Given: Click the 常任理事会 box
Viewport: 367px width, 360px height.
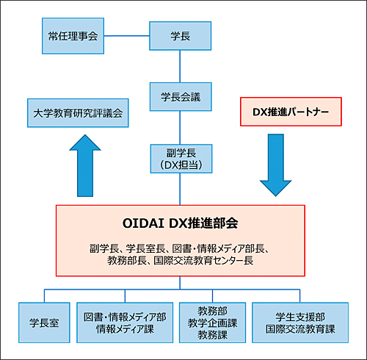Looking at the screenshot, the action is coord(73,36).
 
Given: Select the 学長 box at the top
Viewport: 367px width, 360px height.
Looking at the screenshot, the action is coord(181,36).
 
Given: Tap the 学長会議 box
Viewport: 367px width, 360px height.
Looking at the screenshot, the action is coord(181,97).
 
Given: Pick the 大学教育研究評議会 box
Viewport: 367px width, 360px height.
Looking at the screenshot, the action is coord(78,113).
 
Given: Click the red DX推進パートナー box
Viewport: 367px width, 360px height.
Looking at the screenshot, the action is coord(291,112).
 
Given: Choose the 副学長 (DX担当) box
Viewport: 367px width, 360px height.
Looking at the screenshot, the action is coord(181,159).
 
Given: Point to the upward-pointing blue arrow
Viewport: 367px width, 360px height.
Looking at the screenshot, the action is coord(85,165).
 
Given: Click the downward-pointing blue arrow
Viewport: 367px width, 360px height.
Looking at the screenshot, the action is coord(276,165).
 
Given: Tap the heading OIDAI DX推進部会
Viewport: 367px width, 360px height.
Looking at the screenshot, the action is coord(181,223).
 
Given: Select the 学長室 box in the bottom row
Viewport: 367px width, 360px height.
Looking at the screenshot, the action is coord(44,323).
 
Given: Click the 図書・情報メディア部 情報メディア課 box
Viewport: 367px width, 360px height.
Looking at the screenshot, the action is coord(125,323).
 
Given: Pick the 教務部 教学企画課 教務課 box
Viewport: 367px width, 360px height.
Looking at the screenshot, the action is coord(212,323).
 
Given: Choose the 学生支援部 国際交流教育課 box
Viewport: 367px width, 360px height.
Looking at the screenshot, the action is coord(300,323).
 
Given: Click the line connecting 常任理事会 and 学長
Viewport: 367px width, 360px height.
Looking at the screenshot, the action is coord(127,36).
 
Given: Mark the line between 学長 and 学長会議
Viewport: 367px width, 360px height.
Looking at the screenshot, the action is coord(180,66).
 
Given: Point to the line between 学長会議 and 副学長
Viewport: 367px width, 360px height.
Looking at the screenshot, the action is coord(180,128).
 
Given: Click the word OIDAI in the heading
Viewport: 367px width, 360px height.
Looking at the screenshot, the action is coord(143,223).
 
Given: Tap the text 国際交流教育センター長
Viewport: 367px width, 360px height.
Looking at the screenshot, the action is coord(203,261).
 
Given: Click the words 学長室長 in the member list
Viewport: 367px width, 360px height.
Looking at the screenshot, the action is coord(145,248).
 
